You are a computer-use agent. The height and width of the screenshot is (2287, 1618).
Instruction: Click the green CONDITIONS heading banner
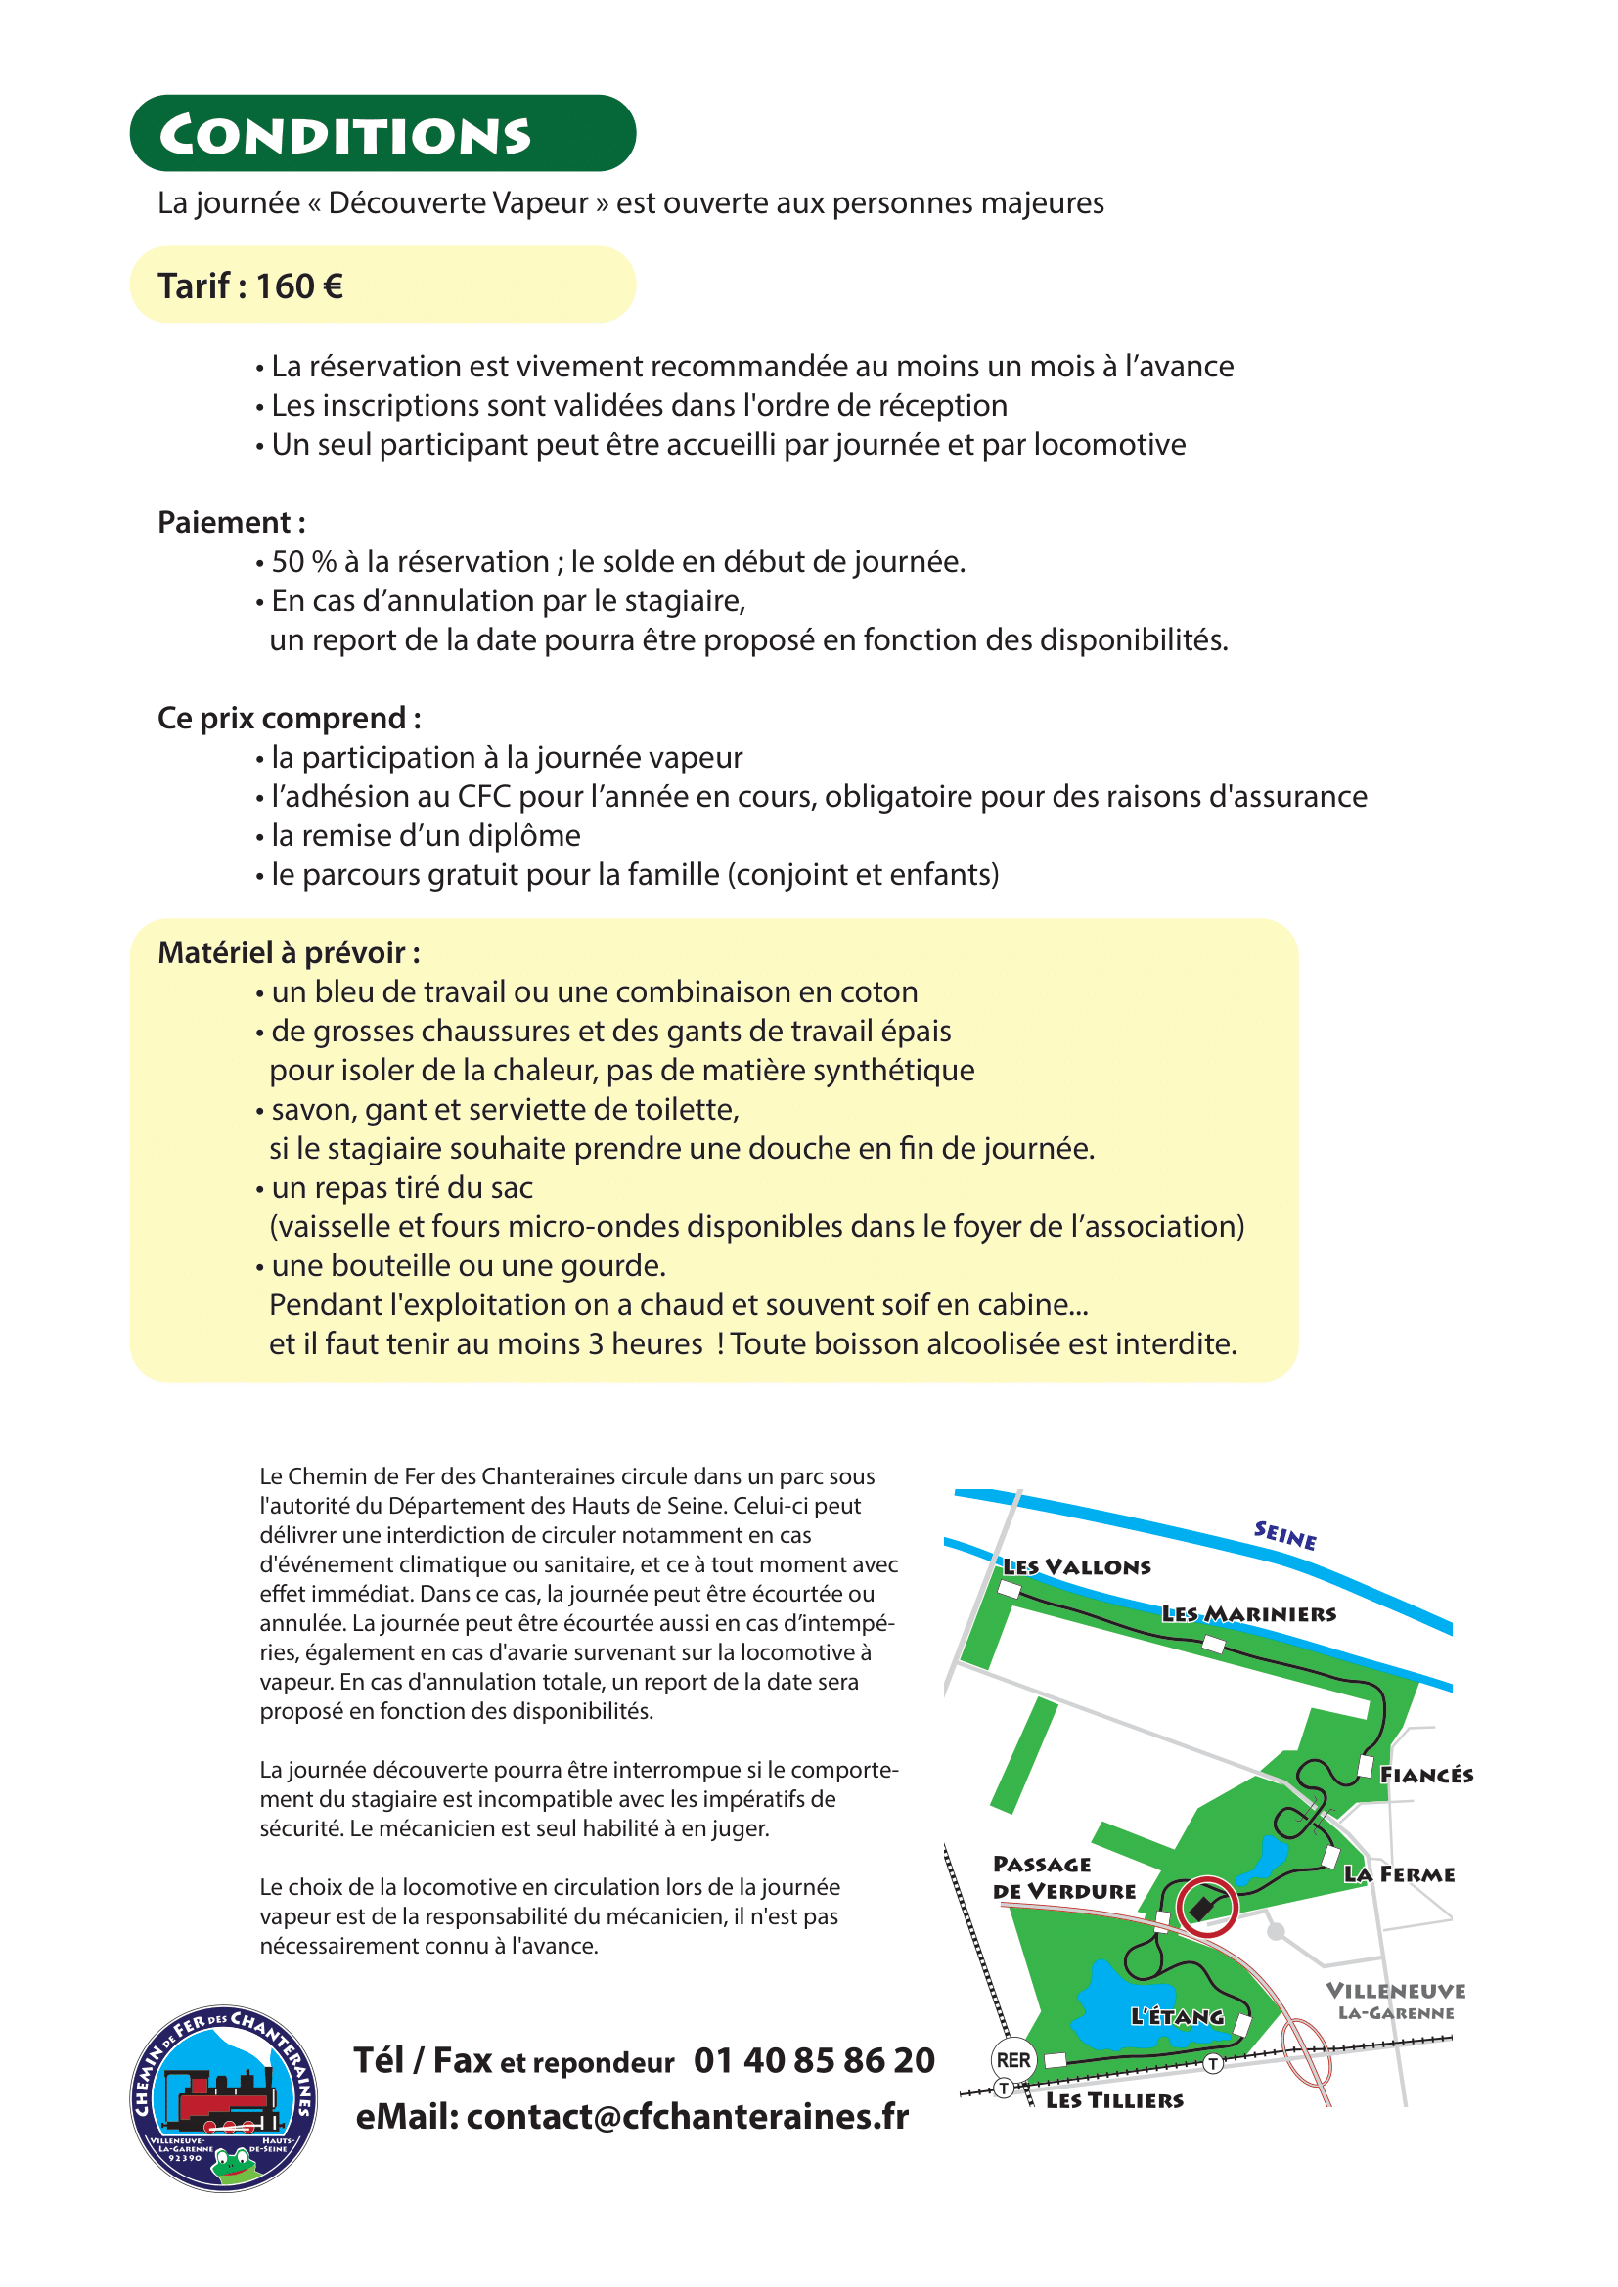pos(382,134)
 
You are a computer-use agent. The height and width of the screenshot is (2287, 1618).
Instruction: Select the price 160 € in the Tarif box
pos(300,286)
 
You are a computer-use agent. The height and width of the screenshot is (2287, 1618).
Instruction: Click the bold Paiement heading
pos(231,523)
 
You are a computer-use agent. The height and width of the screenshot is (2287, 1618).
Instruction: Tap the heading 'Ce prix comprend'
pos(289,719)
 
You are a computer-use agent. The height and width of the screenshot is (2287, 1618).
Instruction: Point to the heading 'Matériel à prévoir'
pos(289,953)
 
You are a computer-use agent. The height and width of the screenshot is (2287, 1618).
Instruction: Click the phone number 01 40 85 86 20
pos(814,2060)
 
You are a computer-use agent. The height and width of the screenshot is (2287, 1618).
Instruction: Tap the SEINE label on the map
pos(1284,1535)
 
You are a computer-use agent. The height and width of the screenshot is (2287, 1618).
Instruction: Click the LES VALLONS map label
pos(1077,1566)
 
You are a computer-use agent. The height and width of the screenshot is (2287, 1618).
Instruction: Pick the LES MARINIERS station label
pos(1248,1613)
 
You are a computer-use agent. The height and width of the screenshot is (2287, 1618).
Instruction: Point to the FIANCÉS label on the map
pos(1425,1775)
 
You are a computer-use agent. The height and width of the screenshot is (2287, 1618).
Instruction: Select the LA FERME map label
pos(1400,1874)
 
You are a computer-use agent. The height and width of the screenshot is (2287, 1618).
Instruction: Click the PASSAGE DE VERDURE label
pos(1063,1877)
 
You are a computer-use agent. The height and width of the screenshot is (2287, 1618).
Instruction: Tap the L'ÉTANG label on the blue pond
pos(1177,2016)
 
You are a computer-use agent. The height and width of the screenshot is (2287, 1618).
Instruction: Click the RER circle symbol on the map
pos(1014,2060)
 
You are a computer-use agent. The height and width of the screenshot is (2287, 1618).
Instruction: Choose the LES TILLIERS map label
pos(1114,2100)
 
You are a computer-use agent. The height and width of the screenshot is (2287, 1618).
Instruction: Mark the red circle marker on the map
pos(1206,1907)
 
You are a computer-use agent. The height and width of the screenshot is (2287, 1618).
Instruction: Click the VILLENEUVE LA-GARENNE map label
pos(1395,2001)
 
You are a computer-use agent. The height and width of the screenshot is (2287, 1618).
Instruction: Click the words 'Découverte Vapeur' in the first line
pos(458,203)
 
